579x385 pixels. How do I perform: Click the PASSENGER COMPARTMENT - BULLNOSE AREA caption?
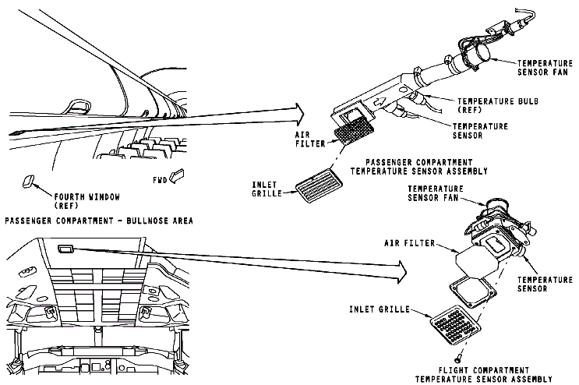coord(98,221)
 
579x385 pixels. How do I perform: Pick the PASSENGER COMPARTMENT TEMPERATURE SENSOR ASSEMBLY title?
coord(421,167)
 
